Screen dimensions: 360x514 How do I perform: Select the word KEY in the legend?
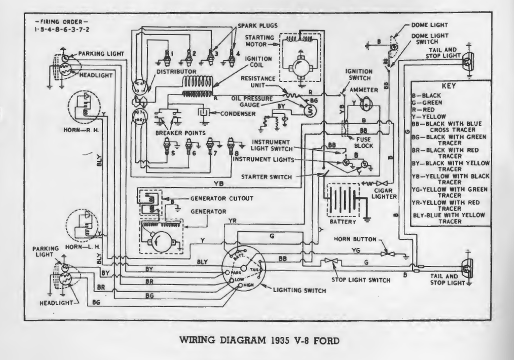click(448, 86)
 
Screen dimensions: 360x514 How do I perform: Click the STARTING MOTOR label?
click(259, 40)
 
